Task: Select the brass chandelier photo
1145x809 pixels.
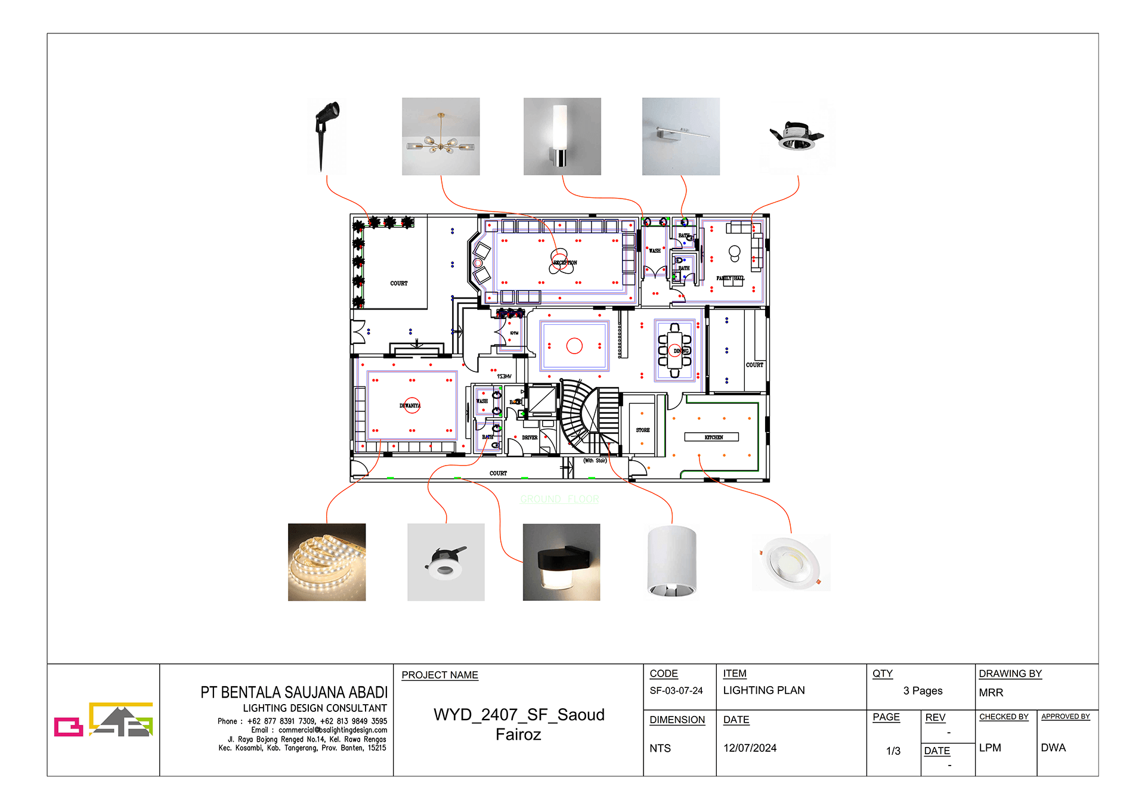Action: tap(441, 137)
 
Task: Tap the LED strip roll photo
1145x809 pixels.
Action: tap(327, 562)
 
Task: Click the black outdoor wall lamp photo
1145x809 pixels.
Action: tap(561, 562)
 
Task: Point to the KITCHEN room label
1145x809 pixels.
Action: tap(713, 437)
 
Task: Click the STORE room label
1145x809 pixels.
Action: tap(642, 430)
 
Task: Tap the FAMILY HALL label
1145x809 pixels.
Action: tap(730, 278)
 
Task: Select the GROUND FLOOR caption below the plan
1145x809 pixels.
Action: tap(559, 499)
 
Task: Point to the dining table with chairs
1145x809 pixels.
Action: tap(674, 351)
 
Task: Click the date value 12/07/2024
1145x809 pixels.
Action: tap(750, 748)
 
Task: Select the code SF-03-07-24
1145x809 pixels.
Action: tap(676, 690)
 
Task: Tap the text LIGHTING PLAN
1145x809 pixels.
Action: tap(763, 690)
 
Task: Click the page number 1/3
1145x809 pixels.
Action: tap(893, 751)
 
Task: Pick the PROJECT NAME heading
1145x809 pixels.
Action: tap(440, 675)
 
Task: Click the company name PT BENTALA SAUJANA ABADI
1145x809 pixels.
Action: tap(294, 692)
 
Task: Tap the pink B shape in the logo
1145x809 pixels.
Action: tap(68, 726)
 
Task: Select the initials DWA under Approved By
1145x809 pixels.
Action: tap(1053, 748)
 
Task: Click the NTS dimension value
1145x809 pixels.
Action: tap(660, 748)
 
